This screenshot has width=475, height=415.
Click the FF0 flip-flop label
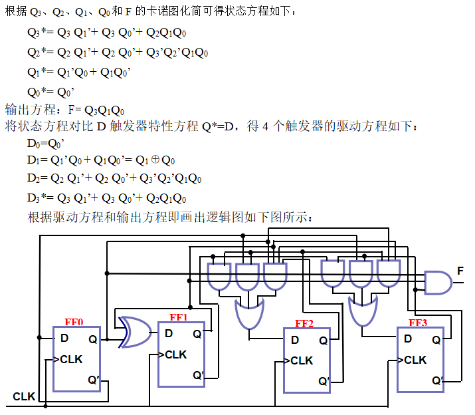tap(74, 322)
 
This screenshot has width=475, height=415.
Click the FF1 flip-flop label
tap(179, 317)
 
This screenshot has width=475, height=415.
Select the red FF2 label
tap(304, 324)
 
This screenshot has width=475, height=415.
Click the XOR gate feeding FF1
tap(134, 332)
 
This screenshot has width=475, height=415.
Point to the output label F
tap(460, 271)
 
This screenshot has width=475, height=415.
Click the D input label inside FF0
tap(64, 338)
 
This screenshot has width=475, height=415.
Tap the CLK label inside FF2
tap(302, 360)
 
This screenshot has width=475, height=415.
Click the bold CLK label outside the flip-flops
tap(24, 396)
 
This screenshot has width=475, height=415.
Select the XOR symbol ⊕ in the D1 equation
tap(153, 160)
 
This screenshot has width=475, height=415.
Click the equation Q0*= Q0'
tap(50, 92)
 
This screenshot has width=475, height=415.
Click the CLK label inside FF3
tap(415, 360)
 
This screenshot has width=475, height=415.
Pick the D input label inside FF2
tap(294, 341)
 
